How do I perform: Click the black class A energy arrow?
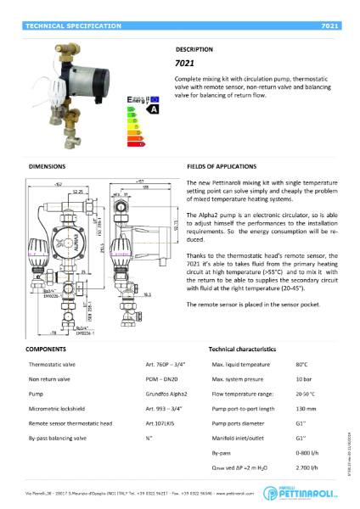click(154, 109)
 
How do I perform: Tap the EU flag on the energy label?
click(154, 99)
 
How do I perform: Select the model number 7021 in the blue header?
click(330, 27)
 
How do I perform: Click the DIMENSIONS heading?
click(48, 167)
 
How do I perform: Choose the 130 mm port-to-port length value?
click(305, 409)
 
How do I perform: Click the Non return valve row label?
click(45, 379)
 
